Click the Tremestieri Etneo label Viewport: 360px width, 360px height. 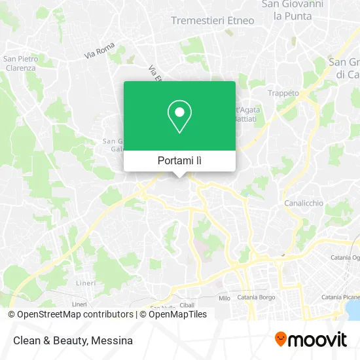coord(212,20)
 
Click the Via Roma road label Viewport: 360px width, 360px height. coord(99,52)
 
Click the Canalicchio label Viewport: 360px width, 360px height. coord(304,203)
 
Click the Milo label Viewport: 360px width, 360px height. coord(224,298)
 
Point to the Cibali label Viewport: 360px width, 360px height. coord(187,304)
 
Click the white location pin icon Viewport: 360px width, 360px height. coord(179,116)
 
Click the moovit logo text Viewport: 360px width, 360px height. coord(319,340)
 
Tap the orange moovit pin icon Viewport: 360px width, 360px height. coord(281,339)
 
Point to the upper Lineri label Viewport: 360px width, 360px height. coord(86,283)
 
